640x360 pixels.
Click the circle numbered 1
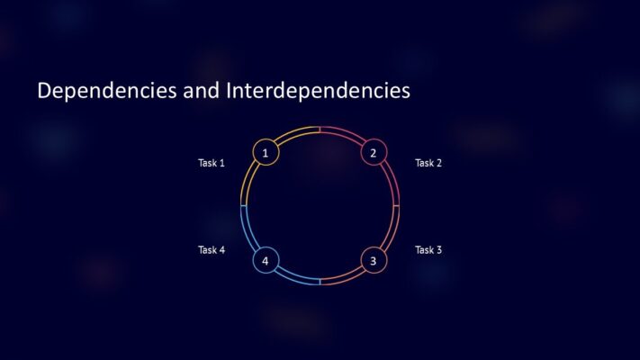pos(266,153)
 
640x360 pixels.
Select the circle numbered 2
pos(374,153)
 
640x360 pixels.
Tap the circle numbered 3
pos(374,261)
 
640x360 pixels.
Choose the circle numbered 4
pos(266,261)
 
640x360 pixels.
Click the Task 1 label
pos(212,163)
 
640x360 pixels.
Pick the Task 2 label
pos(428,163)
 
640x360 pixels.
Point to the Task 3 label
pos(428,249)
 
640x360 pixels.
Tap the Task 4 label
pos(212,249)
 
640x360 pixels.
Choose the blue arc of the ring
pos(248,234)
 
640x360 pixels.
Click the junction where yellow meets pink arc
pos(320,130)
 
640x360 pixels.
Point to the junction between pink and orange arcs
pos(397,206)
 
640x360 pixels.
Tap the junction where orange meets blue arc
pos(320,283)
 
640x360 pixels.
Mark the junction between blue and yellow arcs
pos(243,206)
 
